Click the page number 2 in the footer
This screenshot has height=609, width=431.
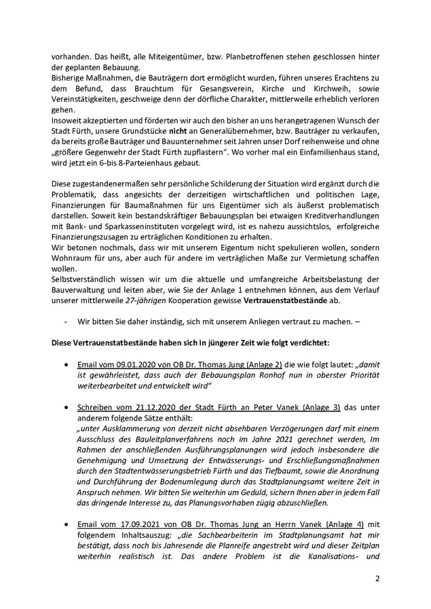[377, 581]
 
